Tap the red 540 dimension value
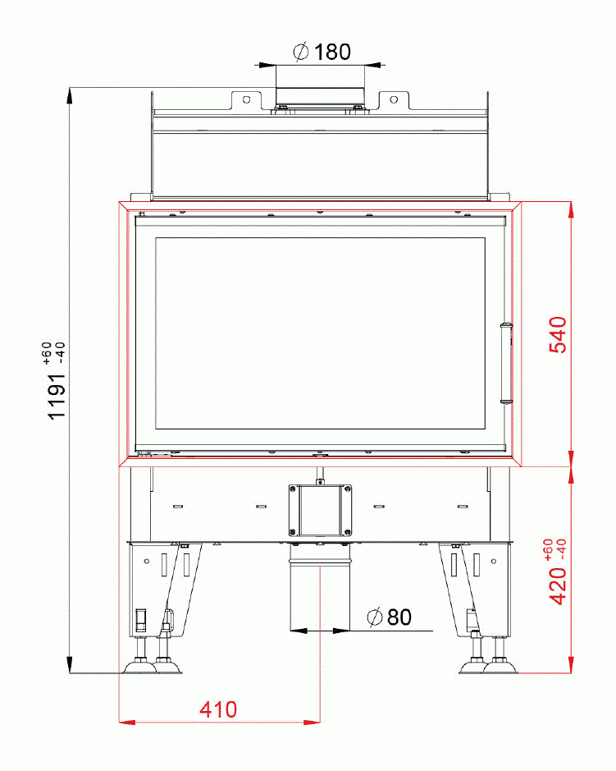(x=557, y=334)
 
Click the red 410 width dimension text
(x=218, y=709)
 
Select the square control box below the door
(x=319, y=509)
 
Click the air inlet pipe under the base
(x=319, y=591)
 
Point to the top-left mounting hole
(x=244, y=99)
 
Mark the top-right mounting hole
(x=394, y=99)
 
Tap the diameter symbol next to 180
(x=300, y=53)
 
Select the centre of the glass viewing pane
(x=320, y=333)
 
